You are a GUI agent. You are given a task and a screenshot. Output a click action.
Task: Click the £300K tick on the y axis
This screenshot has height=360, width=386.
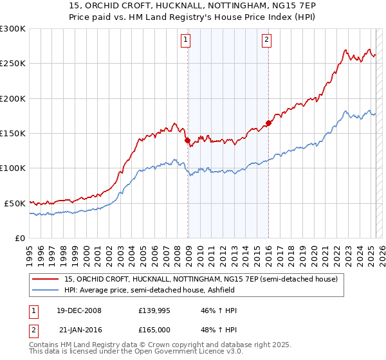click(x=13, y=29)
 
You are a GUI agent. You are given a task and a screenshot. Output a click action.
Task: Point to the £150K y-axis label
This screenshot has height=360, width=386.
click(x=13, y=133)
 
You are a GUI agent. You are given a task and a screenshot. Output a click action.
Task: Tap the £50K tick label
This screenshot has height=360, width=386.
click(x=15, y=203)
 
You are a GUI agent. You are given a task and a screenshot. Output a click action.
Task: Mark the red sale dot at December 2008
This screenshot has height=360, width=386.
click(x=187, y=140)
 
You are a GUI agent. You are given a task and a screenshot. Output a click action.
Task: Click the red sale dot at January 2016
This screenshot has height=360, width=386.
click(x=268, y=123)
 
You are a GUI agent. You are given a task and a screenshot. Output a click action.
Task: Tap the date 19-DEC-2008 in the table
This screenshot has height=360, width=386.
click(x=80, y=310)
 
